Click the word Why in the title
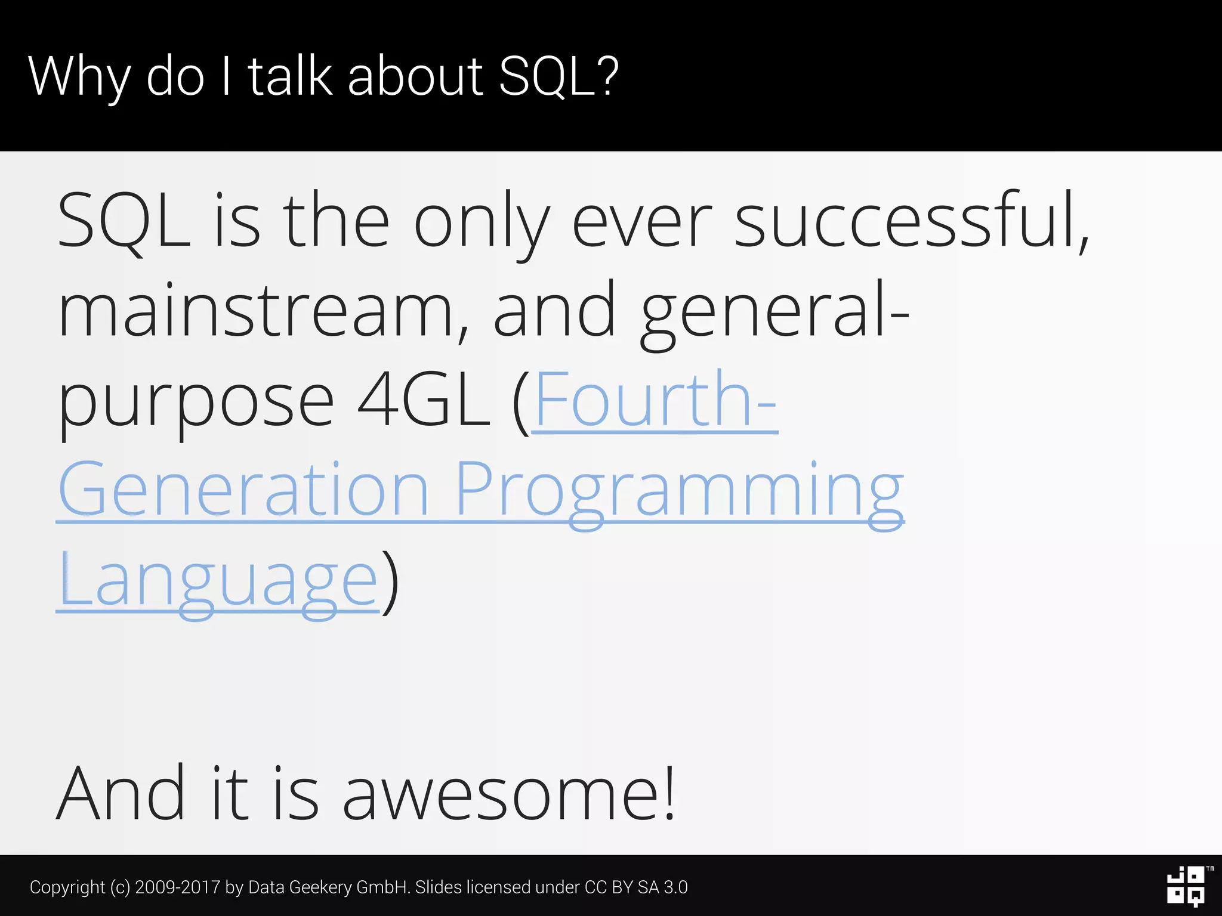[79, 76]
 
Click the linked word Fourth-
[655, 400]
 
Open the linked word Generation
[243, 489]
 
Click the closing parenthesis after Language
[390, 581]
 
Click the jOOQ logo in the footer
[1186, 886]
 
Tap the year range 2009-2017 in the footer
[178, 887]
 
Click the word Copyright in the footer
[67, 887]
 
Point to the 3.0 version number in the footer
[675, 887]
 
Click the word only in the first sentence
[481, 221]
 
